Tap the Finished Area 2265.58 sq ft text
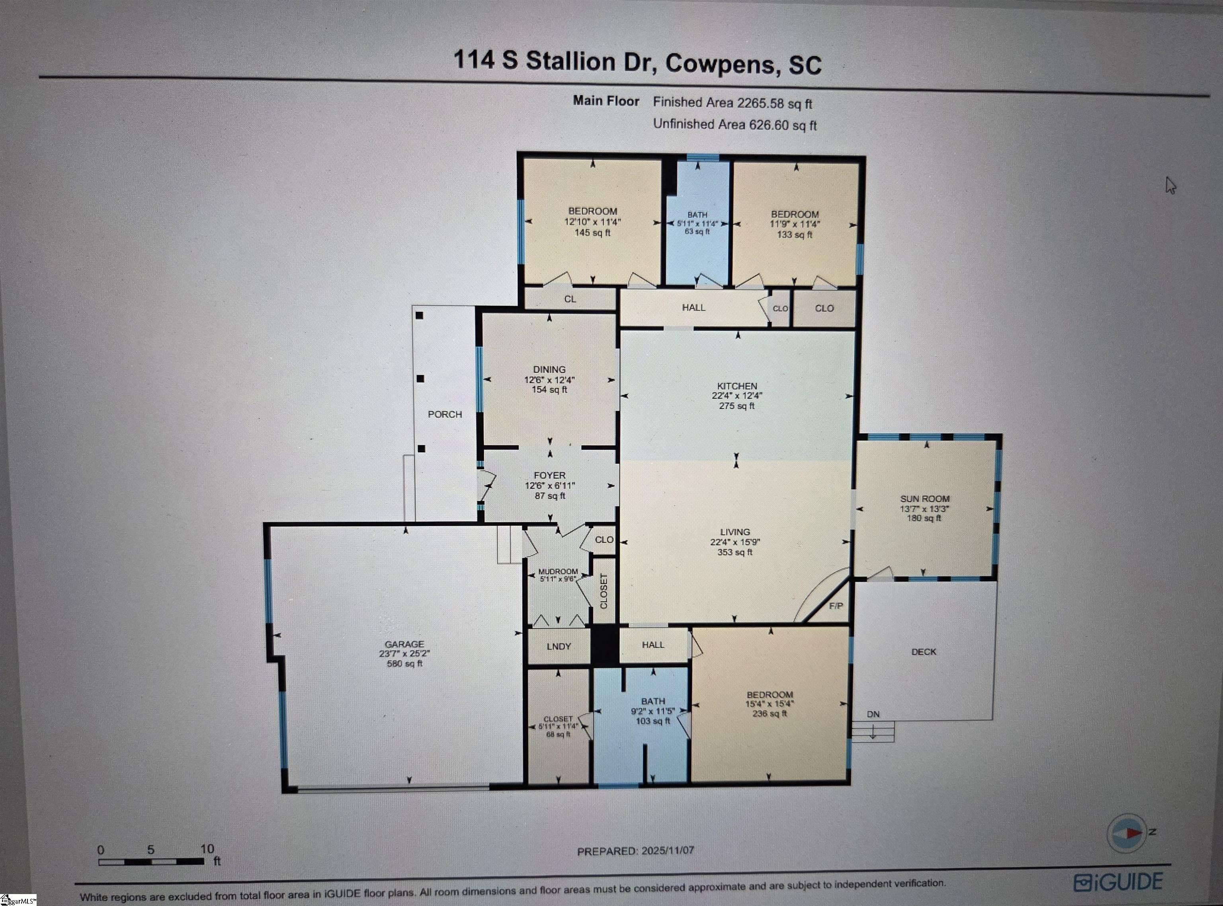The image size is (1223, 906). (x=733, y=102)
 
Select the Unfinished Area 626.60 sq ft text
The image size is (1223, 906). (x=735, y=124)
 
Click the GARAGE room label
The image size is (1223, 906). (x=404, y=644)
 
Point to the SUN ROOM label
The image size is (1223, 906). (x=924, y=498)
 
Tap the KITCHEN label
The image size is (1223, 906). (x=737, y=386)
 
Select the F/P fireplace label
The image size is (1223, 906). (x=836, y=606)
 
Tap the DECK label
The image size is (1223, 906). (x=924, y=651)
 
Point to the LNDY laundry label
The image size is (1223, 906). (x=559, y=647)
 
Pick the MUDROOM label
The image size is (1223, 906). (x=558, y=571)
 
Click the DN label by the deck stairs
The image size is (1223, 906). (x=873, y=714)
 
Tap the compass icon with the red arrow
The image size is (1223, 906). (x=1127, y=833)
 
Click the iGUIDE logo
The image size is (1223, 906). (x=1118, y=882)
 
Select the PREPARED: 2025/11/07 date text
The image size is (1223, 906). (x=636, y=851)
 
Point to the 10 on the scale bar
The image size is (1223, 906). (x=207, y=849)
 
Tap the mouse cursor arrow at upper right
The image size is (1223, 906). (x=1170, y=185)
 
